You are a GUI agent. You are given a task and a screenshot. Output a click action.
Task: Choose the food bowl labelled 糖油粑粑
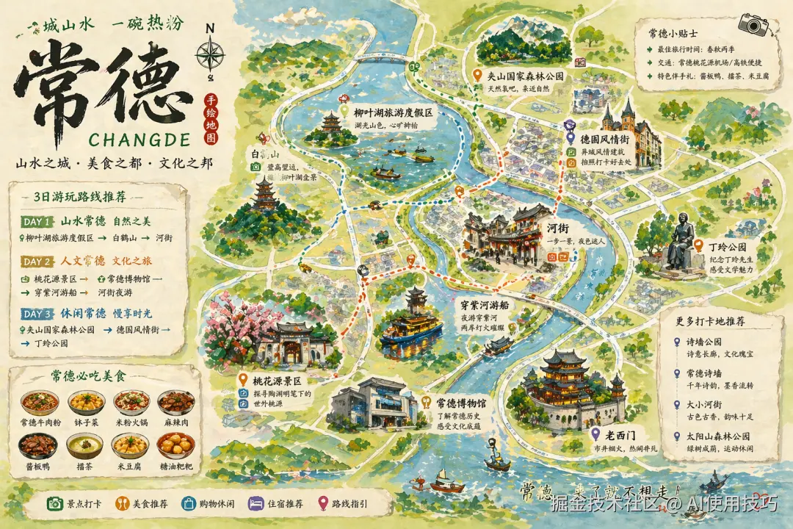(176, 445)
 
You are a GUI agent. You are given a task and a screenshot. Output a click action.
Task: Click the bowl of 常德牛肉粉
(40, 403)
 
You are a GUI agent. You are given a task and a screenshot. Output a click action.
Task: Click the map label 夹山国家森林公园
(526, 75)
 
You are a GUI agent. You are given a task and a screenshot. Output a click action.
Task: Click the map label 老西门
(626, 433)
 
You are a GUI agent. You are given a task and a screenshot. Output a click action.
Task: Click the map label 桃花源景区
(278, 381)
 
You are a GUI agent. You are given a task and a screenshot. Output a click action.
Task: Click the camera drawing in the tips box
(753, 24)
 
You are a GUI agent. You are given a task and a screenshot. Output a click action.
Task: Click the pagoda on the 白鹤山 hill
(262, 193)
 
